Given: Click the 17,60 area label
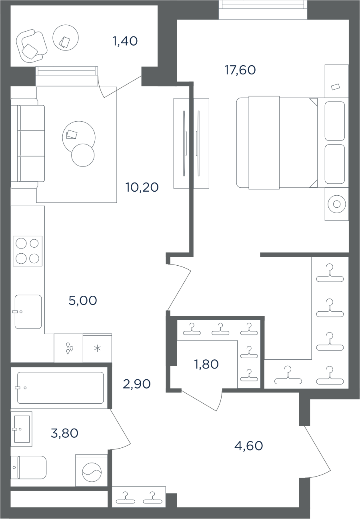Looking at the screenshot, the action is [240, 70].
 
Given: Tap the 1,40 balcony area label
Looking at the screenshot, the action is [125, 41].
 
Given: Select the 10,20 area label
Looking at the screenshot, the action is [142, 187].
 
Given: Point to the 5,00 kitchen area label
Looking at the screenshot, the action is [83, 301].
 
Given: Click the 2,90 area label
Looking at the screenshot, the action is [137, 384].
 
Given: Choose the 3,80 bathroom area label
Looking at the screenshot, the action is [64, 433].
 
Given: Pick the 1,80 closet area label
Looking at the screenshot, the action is [206, 364].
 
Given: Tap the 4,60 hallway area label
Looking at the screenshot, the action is [248, 445].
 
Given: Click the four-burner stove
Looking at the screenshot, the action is [28, 251].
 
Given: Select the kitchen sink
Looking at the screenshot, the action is [28, 312].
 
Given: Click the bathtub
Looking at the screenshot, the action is [60, 388].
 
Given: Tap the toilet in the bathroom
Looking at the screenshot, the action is [28, 467].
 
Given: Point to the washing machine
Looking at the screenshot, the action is [92, 472].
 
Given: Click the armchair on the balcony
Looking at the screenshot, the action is [32, 46].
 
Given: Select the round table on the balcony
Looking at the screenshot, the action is [66, 38].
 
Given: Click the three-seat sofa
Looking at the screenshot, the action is [28, 143].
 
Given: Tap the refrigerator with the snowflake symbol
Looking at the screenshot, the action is [97, 348].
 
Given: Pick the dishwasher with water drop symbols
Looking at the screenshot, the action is [68, 348].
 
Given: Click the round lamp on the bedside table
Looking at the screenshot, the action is [337, 204].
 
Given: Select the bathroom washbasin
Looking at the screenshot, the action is [21, 429].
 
